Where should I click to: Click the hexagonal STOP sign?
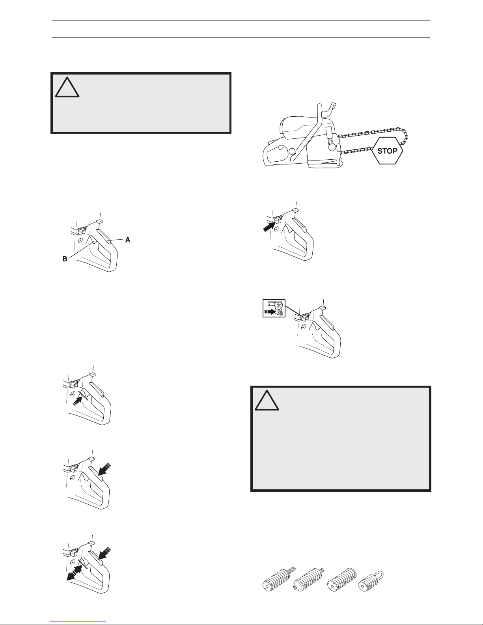click(x=387, y=151)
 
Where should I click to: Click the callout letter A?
click(x=128, y=240)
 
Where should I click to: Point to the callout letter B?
click(x=65, y=259)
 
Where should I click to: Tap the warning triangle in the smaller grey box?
click(x=67, y=87)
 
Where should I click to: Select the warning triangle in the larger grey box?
click(x=267, y=400)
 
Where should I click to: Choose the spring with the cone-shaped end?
click(x=308, y=580)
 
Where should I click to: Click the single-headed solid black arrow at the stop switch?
click(x=269, y=226)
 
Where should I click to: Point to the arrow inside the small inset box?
click(x=270, y=311)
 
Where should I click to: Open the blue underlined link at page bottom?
click(x=78, y=622)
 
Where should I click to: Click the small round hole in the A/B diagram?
click(x=80, y=240)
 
